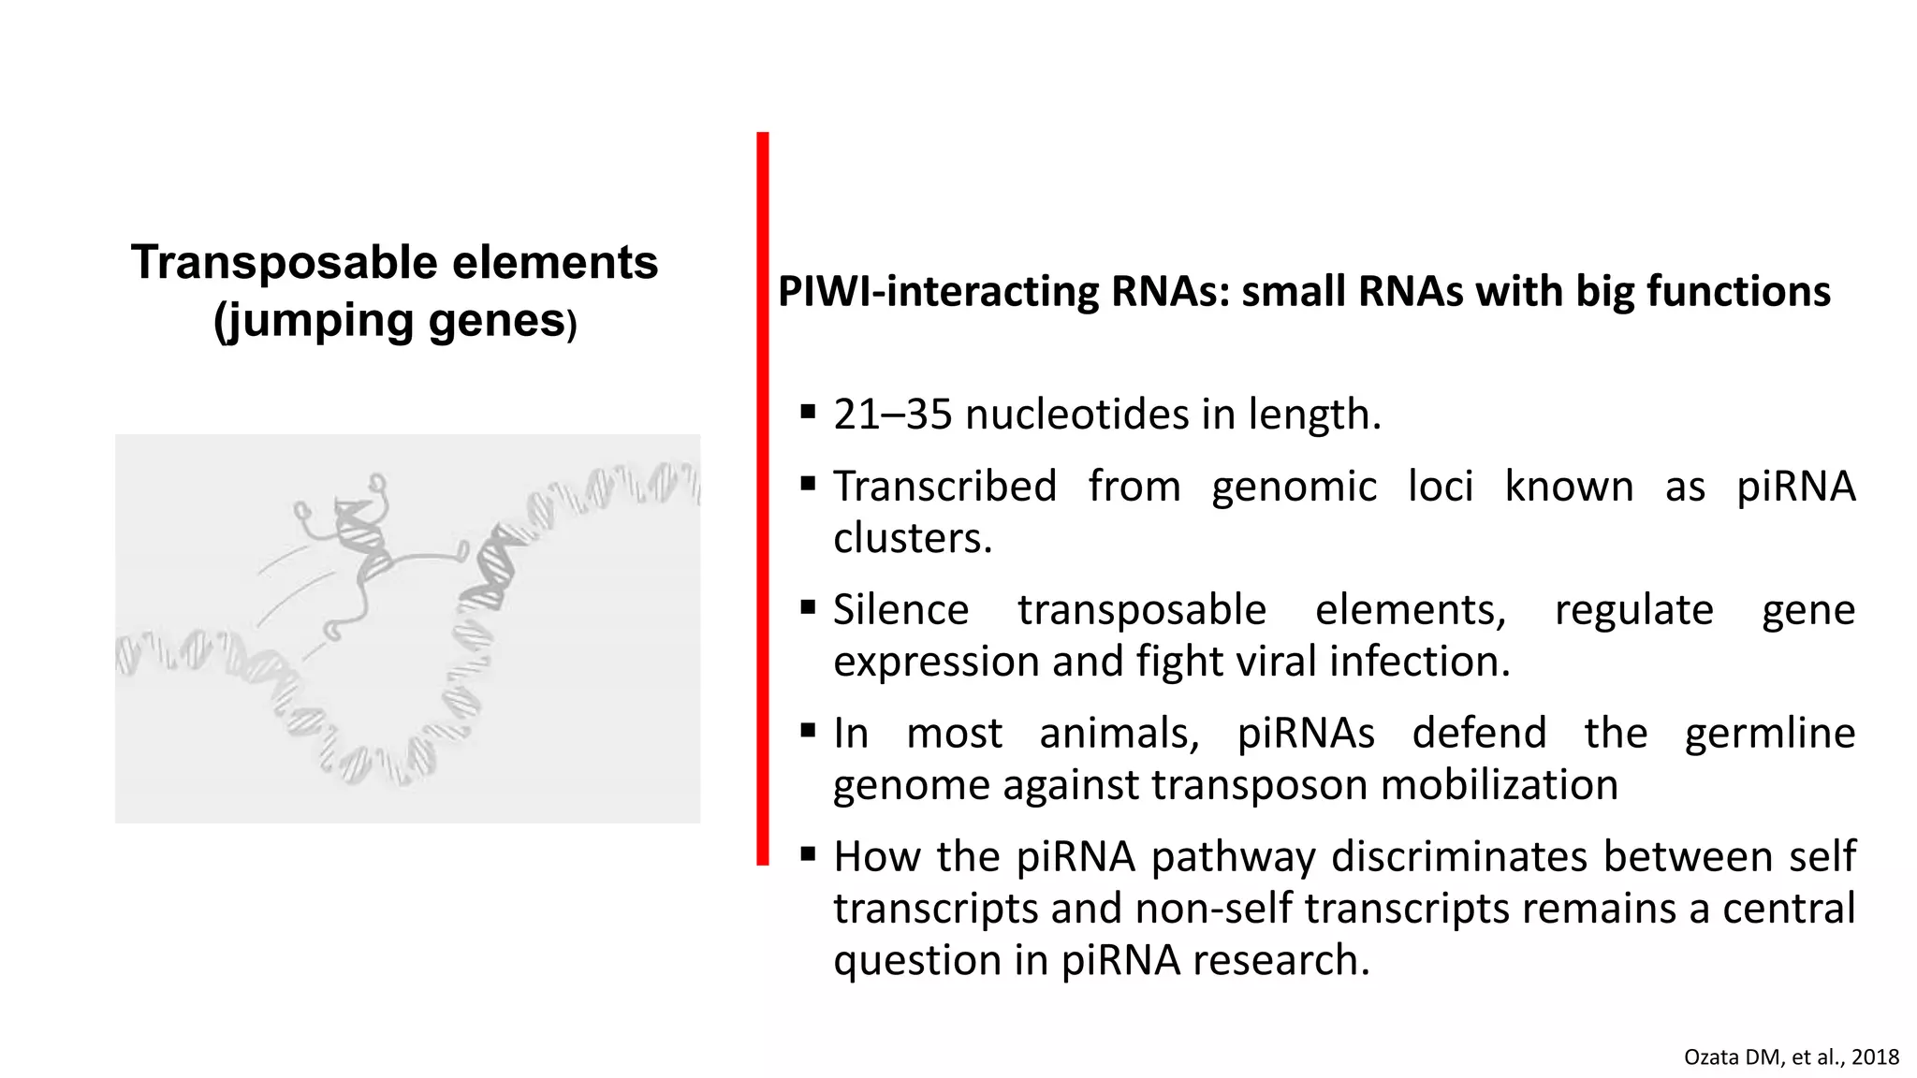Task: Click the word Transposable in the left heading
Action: coord(285,263)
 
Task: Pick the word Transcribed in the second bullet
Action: coord(945,487)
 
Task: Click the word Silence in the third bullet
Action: coord(900,610)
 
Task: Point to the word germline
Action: coord(1769,733)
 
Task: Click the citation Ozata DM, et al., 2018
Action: coord(1791,1057)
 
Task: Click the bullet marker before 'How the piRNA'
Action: coord(808,853)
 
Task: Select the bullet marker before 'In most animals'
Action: coord(808,730)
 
